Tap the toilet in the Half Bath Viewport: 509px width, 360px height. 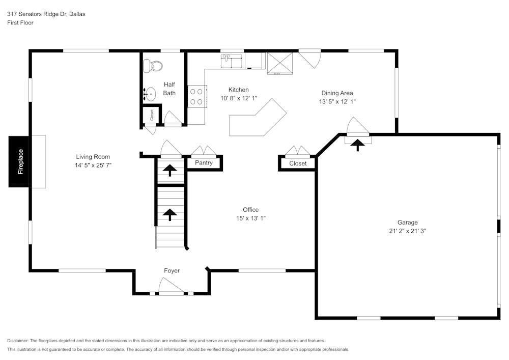153,66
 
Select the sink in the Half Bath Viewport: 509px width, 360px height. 149,94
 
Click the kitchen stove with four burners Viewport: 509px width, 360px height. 197,97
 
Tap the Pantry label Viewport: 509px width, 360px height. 204,163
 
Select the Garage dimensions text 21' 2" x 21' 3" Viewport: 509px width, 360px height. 407,231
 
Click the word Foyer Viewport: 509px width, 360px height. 172,271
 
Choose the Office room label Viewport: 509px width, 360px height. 250,210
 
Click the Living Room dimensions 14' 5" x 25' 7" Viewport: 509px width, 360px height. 93,165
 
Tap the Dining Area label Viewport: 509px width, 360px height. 337,93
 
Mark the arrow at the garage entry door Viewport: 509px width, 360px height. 358,146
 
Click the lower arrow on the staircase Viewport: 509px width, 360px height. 169,214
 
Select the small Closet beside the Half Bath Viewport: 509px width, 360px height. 151,116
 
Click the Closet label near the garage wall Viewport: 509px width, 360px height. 298,163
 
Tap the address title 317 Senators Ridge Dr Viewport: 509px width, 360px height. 46,14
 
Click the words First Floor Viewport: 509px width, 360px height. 20,23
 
